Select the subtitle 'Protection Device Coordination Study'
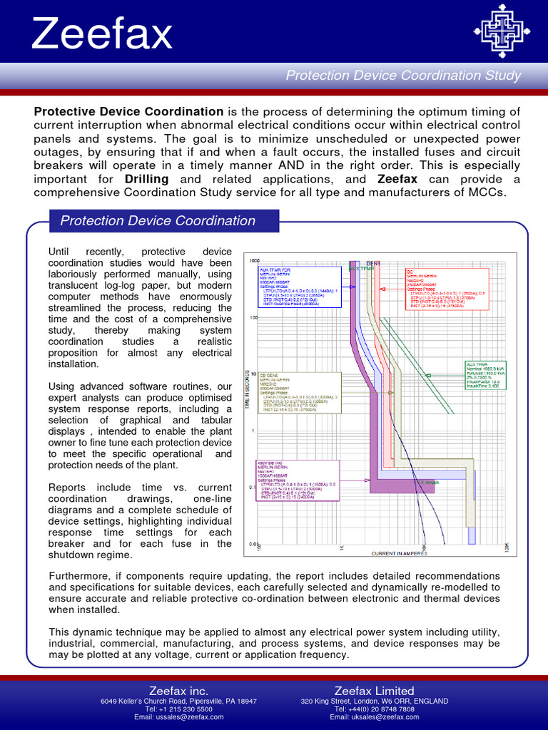(403, 76)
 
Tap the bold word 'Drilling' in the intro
(147, 179)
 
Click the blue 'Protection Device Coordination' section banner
(158, 221)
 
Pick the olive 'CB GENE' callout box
(300, 392)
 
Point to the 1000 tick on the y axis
(254, 261)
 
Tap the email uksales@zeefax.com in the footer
(374, 717)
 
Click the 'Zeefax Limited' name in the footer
(374, 691)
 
